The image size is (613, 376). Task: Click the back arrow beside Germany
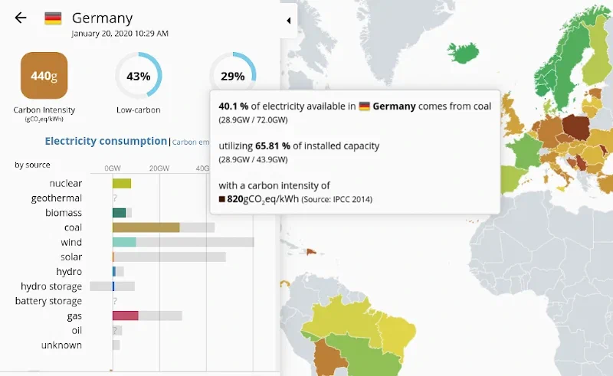tap(21, 18)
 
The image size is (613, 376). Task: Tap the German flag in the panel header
tap(53, 18)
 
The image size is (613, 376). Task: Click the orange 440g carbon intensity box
tap(44, 76)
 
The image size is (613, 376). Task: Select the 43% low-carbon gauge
tap(138, 76)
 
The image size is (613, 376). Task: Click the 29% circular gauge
tap(232, 75)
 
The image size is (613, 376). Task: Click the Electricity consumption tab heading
tap(106, 141)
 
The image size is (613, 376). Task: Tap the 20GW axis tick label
tap(159, 168)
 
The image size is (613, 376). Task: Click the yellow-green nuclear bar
tap(122, 183)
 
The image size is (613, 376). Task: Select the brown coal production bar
tap(146, 227)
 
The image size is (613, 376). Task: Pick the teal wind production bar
tap(124, 242)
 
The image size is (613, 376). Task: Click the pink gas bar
tap(125, 316)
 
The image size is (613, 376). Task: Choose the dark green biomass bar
tap(119, 213)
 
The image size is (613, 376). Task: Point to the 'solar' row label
tap(70, 257)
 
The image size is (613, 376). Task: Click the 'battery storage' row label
tap(48, 301)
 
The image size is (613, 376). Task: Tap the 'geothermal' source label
tap(56, 198)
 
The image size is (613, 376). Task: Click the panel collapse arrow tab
tap(288, 21)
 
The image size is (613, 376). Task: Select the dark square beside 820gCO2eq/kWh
tap(222, 199)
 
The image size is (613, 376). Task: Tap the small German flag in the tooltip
tap(365, 106)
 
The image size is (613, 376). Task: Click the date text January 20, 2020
tap(120, 34)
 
